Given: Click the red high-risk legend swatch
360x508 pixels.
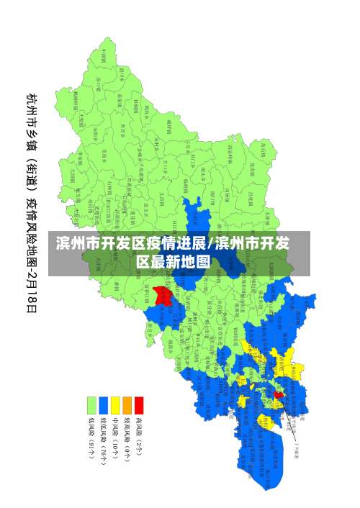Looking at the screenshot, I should tap(139, 405).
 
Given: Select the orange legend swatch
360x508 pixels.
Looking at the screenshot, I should tap(127, 405).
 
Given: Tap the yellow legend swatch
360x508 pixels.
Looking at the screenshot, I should tap(115, 405).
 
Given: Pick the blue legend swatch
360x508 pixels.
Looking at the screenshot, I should tap(104, 405).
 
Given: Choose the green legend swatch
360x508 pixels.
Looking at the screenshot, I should tap(91, 405).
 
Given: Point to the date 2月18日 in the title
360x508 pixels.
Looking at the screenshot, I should tap(32, 287).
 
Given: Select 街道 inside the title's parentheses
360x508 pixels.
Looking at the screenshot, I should tap(32, 173).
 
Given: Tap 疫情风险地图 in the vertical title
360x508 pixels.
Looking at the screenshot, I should tap(32, 230).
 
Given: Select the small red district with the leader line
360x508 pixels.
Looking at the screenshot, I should tap(279, 394).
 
